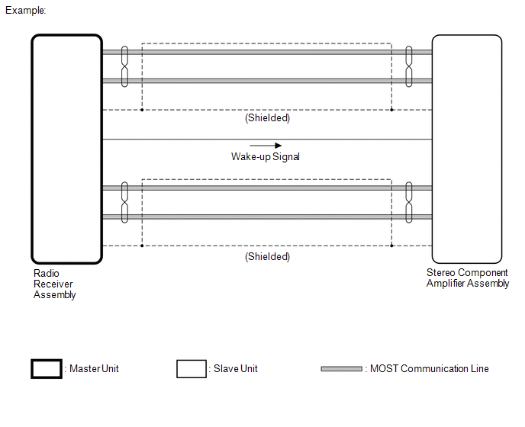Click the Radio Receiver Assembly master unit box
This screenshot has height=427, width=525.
tap(66, 149)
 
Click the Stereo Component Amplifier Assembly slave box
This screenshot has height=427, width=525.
tap(466, 149)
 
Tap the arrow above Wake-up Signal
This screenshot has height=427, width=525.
tap(266, 145)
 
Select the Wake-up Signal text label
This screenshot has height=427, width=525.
tap(266, 157)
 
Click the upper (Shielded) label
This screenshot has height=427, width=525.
tap(267, 119)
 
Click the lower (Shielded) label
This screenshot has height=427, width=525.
tap(267, 257)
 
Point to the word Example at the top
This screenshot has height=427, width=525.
tap(25, 11)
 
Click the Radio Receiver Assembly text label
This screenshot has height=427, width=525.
tap(55, 284)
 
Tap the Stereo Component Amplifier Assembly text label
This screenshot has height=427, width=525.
tap(467, 278)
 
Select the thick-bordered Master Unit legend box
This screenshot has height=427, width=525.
tap(46, 369)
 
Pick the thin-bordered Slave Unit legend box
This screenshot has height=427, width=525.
tap(192, 369)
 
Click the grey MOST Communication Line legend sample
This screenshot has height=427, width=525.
tap(341, 369)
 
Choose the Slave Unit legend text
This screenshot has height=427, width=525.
tap(235, 369)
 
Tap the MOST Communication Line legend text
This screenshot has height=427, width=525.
tap(429, 369)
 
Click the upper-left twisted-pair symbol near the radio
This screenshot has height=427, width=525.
tap(124, 66)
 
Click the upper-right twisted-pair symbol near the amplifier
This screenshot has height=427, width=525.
tap(409, 66)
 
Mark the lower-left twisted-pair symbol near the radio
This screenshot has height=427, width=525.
tap(124, 202)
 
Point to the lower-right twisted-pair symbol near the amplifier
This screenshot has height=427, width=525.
tap(409, 202)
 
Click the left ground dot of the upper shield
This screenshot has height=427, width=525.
tap(142, 110)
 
